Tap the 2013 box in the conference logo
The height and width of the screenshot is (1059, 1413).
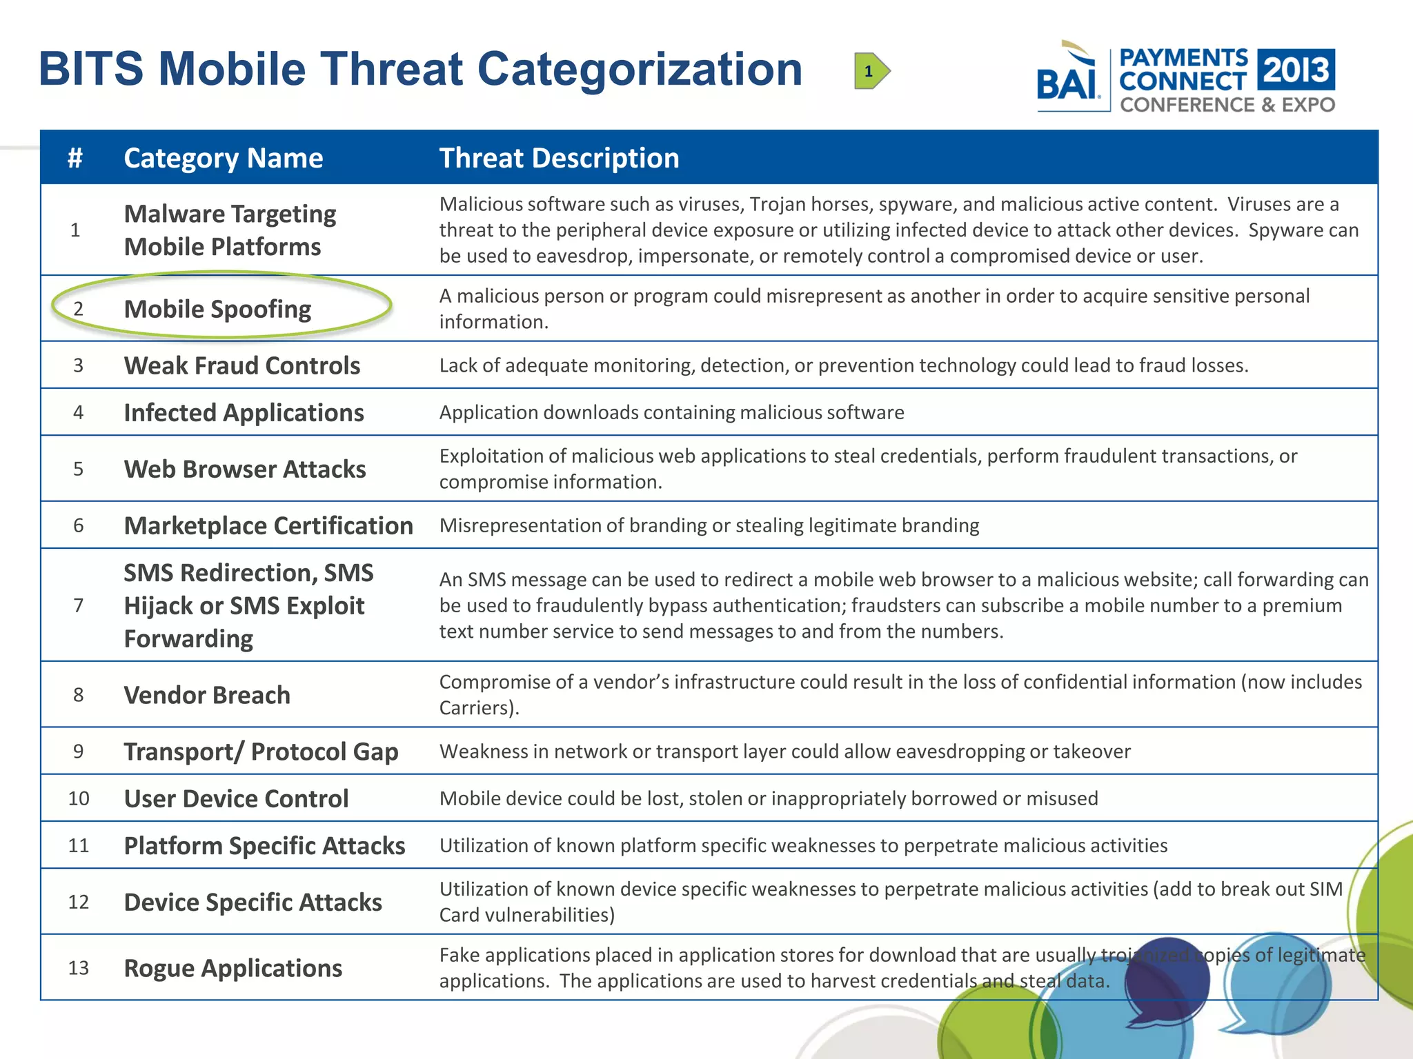point(1296,70)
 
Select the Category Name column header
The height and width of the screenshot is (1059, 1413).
point(223,158)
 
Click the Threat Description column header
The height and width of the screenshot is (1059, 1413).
point(559,158)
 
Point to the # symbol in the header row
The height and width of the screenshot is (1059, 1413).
point(75,158)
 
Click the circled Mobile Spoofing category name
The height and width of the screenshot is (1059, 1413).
point(217,309)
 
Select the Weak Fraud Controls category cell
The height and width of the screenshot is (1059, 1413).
point(241,365)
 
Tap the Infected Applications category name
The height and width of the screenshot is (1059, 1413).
point(244,412)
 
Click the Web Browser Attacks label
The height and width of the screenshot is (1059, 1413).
point(245,469)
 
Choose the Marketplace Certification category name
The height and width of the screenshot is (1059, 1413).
point(268,525)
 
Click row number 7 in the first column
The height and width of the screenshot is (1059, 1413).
point(79,605)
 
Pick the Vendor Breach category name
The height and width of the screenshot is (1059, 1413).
point(207,695)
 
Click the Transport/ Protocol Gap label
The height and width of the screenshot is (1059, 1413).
point(261,752)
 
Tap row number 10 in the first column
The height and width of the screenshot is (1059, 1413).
point(79,798)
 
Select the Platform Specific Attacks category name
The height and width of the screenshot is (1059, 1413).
point(264,845)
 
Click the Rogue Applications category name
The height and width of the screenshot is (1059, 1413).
point(233,968)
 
